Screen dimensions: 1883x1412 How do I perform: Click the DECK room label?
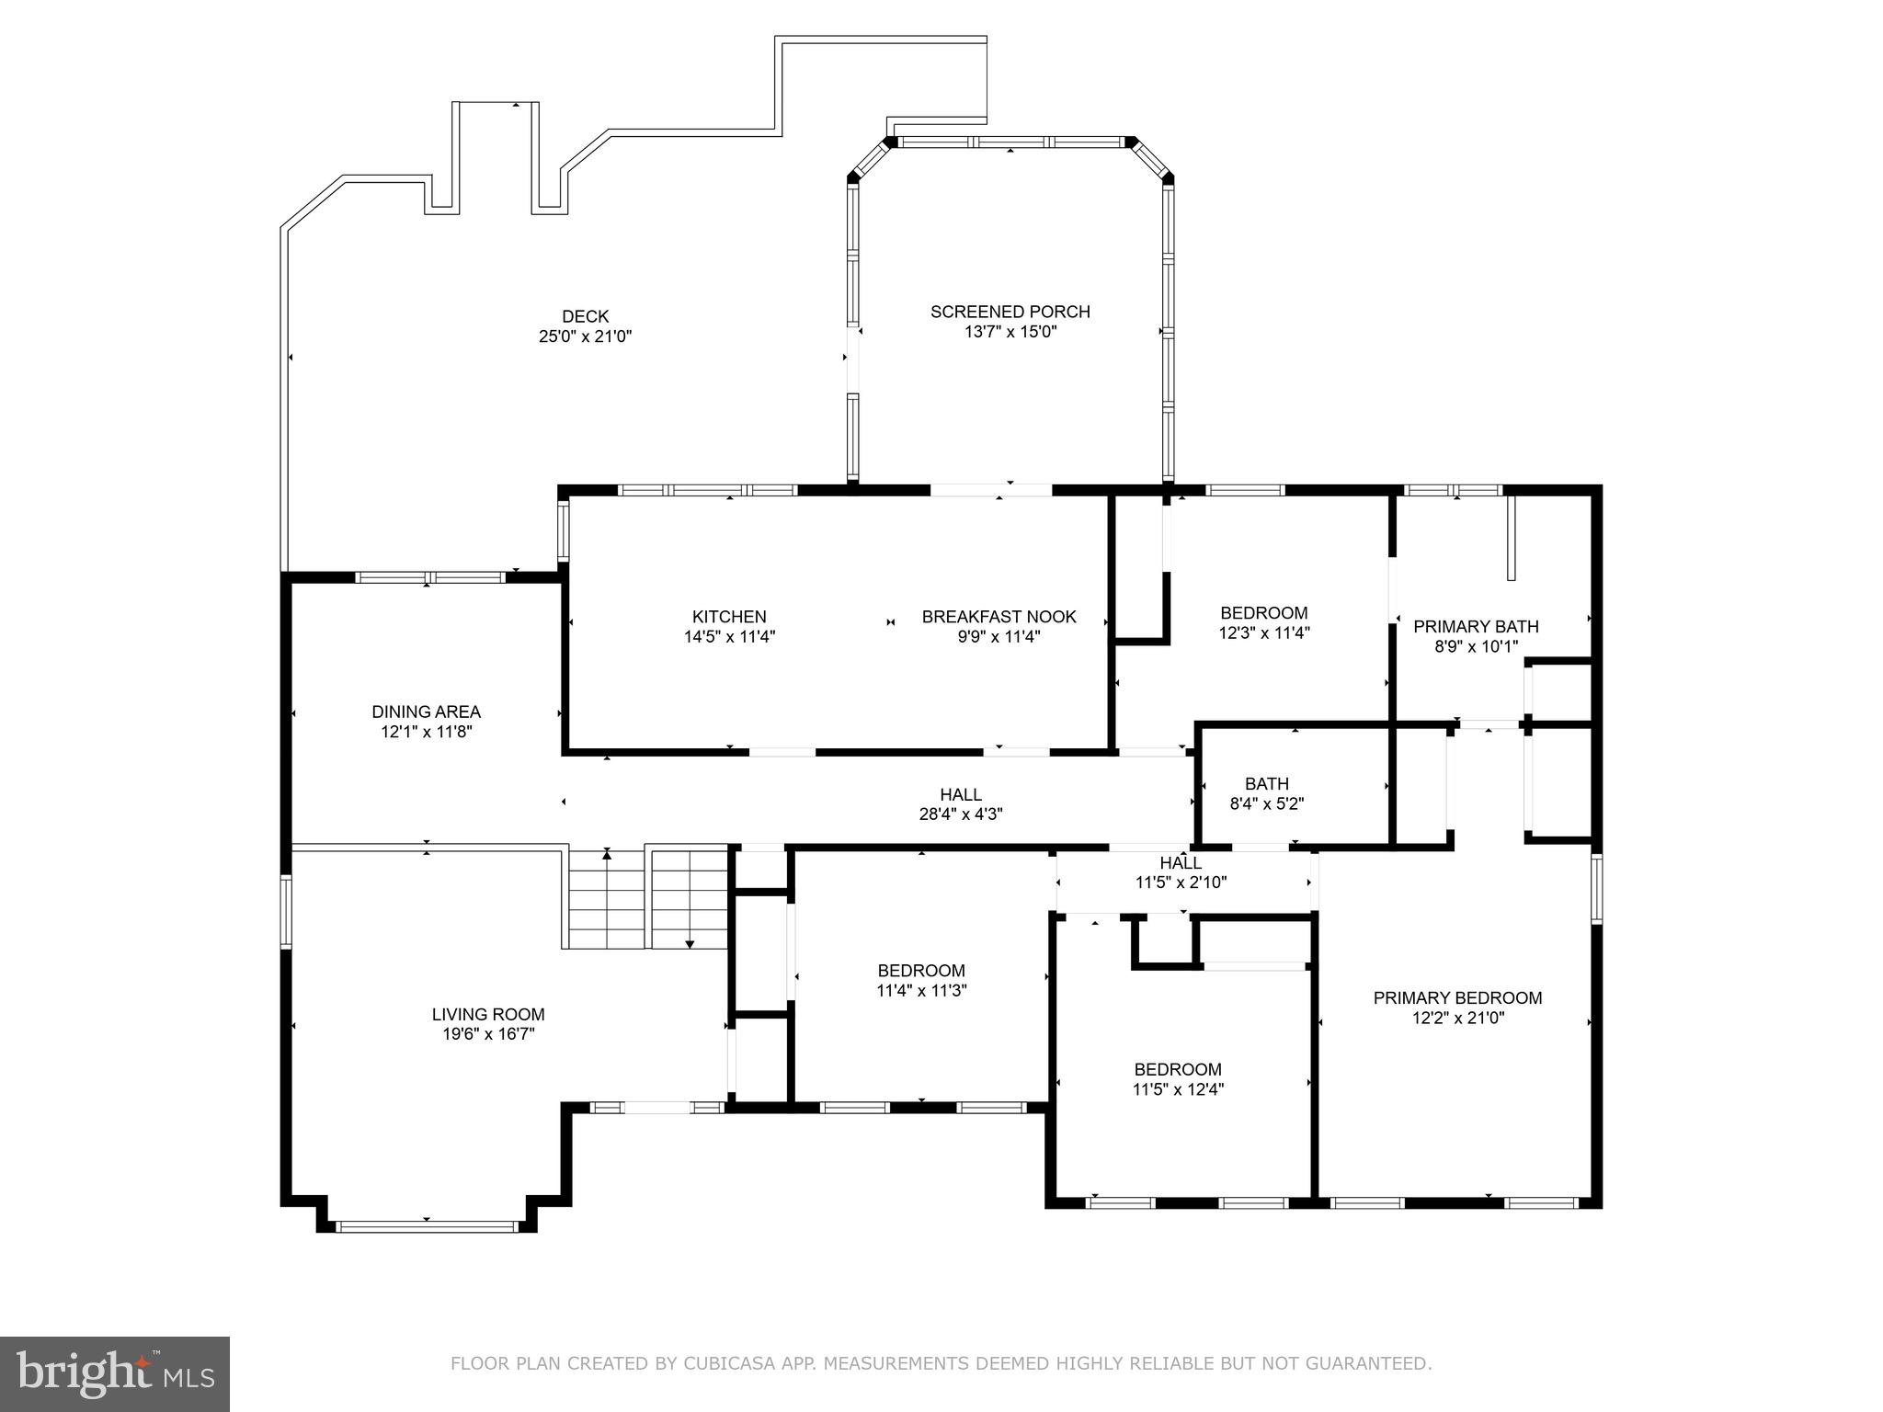point(586,317)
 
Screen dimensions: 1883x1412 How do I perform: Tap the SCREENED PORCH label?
point(1010,312)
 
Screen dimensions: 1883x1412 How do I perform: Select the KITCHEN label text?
point(729,617)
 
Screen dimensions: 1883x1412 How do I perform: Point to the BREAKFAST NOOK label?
point(999,617)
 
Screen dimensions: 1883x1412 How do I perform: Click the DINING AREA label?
point(427,712)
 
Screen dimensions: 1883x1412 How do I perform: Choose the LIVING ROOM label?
point(488,1015)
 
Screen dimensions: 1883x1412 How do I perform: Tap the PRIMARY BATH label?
point(1476,626)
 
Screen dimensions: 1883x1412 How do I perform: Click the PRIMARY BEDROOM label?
point(1458,997)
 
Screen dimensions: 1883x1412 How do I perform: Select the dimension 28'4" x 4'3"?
point(961,814)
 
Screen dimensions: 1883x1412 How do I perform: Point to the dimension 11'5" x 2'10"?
point(1181,882)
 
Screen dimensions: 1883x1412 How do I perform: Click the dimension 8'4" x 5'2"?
point(1267,803)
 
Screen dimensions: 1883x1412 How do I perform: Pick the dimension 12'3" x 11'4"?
point(1264,632)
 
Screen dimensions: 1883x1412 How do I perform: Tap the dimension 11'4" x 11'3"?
point(921,990)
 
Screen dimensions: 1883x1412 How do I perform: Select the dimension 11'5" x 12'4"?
point(1178,1089)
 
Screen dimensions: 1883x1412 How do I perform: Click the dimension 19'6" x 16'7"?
point(488,1034)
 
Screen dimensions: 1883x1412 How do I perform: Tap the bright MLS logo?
point(115,1374)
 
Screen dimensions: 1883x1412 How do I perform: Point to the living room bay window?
point(427,1225)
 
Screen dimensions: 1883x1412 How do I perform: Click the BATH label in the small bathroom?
point(1267,784)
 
